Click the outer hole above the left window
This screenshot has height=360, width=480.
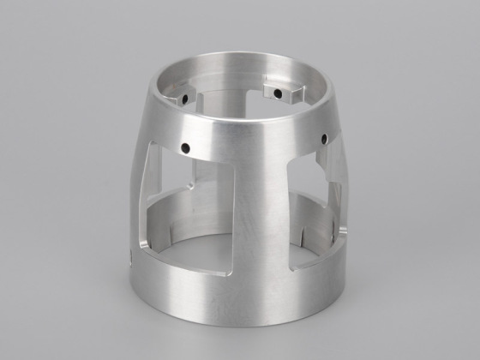point(184,148)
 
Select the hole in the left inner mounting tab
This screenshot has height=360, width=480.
point(183,99)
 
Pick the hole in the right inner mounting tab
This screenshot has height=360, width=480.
point(278,92)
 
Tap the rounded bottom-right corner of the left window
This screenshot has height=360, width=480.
point(230,272)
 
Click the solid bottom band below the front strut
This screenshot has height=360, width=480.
point(249,300)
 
